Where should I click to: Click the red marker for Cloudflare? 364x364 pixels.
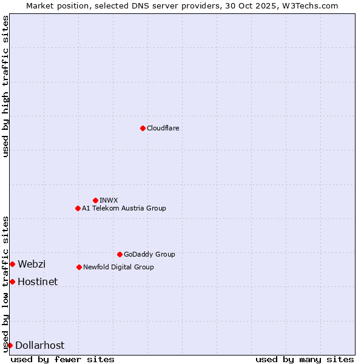click(x=143, y=128)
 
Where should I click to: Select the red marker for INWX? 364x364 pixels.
click(x=95, y=200)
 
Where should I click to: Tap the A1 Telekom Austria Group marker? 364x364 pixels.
click(x=78, y=208)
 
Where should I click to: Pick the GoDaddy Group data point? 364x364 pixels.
click(x=120, y=254)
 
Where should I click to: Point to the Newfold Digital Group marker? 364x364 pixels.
click(x=79, y=267)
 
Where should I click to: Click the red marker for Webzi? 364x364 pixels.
click(x=12, y=264)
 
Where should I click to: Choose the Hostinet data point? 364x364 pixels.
click(x=12, y=281)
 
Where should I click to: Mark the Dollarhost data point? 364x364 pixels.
click(x=10, y=345)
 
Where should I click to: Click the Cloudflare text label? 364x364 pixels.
click(x=163, y=128)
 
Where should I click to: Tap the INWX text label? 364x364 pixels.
click(x=109, y=200)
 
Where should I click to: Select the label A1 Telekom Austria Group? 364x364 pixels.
click(x=124, y=208)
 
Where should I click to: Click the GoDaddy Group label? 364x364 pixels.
click(x=149, y=254)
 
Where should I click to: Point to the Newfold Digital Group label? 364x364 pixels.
click(x=118, y=267)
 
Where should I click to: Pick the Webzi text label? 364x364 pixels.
click(x=32, y=264)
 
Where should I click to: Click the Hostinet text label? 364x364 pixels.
click(x=38, y=281)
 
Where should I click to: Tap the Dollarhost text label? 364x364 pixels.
click(x=39, y=345)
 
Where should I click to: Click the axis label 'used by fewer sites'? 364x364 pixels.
click(x=62, y=359)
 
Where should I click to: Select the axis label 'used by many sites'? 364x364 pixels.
click(x=305, y=359)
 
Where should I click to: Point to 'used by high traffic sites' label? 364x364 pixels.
click(x=6, y=86)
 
